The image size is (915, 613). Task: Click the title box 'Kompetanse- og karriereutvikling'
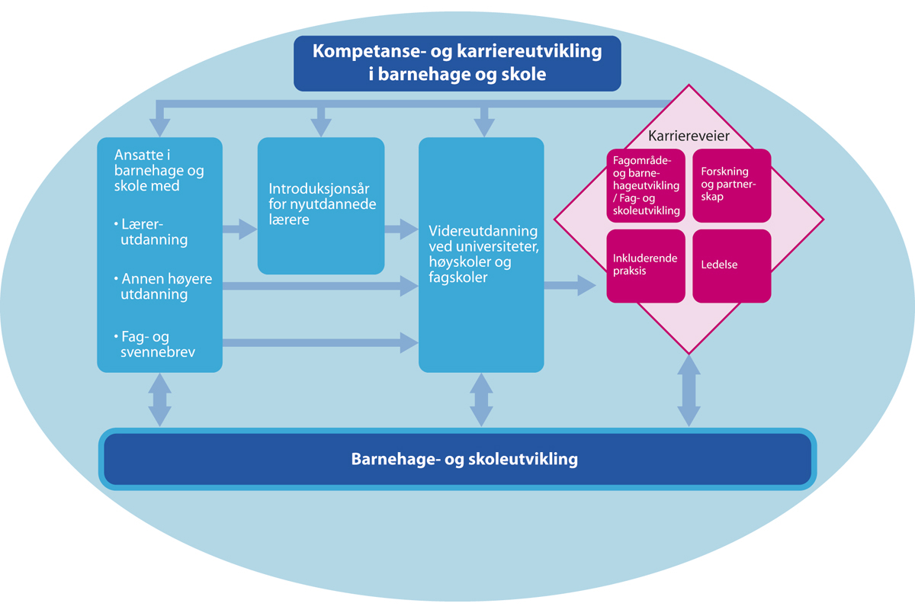click(x=457, y=63)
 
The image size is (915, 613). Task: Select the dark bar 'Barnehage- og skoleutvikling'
click(x=457, y=460)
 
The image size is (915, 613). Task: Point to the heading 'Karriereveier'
click(x=689, y=136)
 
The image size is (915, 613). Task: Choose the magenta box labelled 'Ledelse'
click(x=731, y=265)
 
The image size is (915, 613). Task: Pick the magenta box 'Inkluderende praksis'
click(x=645, y=265)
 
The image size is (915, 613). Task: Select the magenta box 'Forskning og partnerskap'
click(x=731, y=185)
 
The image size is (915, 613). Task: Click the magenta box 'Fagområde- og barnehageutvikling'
click(x=645, y=185)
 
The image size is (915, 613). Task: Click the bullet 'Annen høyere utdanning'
click(x=160, y=287)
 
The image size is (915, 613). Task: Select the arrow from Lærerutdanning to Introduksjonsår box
click(x=239, y=228)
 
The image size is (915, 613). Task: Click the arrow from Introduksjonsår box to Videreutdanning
click(x=400, y=228)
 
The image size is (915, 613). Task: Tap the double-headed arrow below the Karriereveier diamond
click(x=689, y=390)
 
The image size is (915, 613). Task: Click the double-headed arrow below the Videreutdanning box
click(x=481, y=399)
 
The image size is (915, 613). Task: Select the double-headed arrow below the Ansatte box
click(x=160, y=399)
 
